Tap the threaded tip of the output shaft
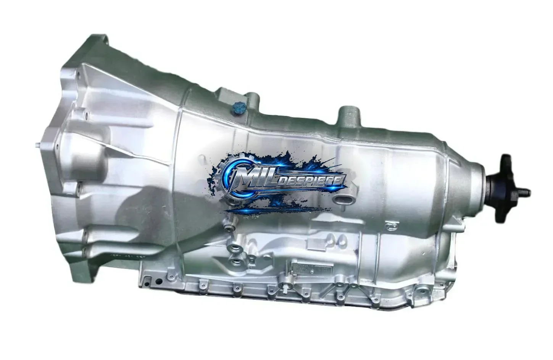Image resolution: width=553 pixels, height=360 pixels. click(x=526, y=191)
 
